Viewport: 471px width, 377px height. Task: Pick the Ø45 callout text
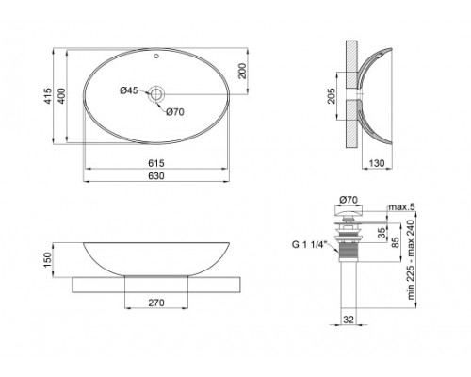click(129, 90)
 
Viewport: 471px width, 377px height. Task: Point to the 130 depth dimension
click(375, 163)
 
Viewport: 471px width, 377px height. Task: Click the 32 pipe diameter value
click(348, 320)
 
